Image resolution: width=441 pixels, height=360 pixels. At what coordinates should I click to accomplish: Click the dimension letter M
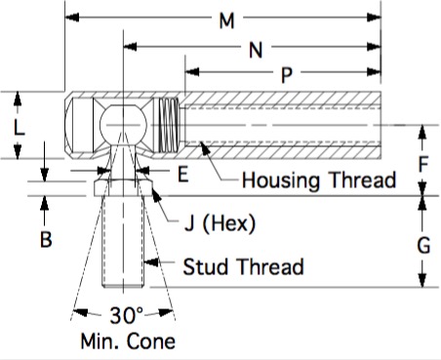(226, 20)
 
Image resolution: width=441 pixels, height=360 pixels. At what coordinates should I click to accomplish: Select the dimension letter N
(256, 50)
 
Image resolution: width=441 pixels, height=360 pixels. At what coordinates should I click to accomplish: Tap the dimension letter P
(286, 75)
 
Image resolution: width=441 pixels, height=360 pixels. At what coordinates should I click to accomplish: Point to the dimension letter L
(20, 127)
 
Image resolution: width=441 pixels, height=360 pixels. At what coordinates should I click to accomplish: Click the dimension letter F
(422, 164)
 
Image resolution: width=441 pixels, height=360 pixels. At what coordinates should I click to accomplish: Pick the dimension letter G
(423, 245)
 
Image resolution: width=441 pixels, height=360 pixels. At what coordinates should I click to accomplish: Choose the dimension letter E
(183, 174)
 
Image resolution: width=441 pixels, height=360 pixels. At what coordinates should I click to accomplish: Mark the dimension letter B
(46, 239)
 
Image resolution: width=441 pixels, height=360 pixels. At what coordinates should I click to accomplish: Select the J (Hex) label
(220, 223)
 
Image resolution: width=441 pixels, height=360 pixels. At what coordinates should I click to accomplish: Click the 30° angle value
(126, 315)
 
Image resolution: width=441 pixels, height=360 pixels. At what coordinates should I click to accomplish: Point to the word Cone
(151, 341)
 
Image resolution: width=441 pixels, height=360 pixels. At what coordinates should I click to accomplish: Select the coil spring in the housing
(168, 125)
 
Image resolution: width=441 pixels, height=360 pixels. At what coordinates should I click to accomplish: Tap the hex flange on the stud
(123, 187)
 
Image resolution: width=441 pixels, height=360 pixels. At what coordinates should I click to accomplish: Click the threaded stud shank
(123, 241)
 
